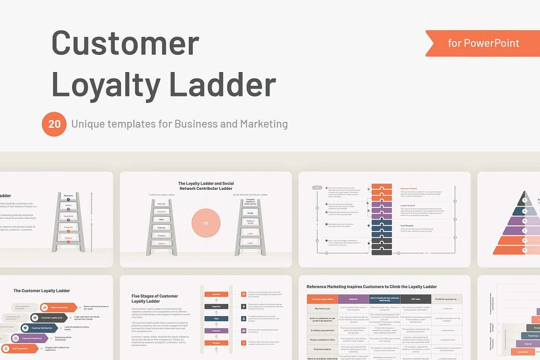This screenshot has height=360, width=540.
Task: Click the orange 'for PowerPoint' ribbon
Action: [x=483, y=43]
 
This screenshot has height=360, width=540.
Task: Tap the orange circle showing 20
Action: [x=54, y=124]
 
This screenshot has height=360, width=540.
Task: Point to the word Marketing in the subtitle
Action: [x=263, y=124]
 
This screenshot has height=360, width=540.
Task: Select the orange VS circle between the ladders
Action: [x=206, y=223]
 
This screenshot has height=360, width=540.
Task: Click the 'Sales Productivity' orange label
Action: [x=59, y=307]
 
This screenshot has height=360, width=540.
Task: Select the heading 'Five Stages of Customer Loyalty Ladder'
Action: [x=155, y=299]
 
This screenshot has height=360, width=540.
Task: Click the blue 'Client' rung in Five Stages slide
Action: [x=216, y=319]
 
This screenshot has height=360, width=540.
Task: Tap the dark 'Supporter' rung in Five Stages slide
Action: [x=216, y=307]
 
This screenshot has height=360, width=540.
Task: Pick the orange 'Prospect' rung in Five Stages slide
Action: [x=216, y=343]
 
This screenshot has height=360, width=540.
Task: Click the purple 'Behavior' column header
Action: [x=354, y=299]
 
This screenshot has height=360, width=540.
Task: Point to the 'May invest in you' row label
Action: [x=322, y=308]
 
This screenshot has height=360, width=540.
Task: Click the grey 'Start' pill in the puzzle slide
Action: [x=317, y=187]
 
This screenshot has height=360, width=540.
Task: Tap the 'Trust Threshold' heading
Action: [x=407, y=226]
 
